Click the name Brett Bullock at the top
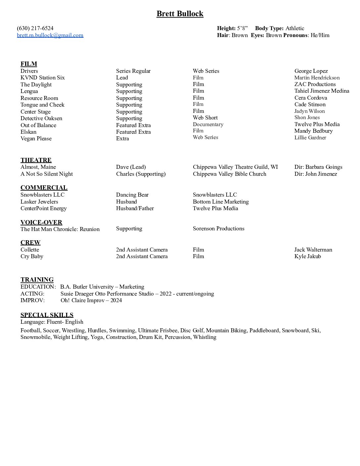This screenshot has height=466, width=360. tap(180, 14)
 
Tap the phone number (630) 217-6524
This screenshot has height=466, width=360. tap(35, 28)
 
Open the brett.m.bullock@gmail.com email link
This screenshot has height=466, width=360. tap(50, 35)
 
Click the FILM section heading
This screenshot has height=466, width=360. tap(29, 64)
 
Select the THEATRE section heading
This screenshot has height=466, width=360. tap(36, 160)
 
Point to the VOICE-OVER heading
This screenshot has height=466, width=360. tap(41, 222)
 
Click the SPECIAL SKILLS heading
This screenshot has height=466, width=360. tap(47, 315)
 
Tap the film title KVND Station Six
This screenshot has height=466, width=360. tap(43, 77)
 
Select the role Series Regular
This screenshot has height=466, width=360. tap(133, 71)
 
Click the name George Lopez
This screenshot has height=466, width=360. tap(311, 71)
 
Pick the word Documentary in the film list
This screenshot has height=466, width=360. tap(208, 124)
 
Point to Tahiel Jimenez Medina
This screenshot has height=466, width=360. tap(322, 91)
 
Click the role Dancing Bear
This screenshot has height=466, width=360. tap(132, 195)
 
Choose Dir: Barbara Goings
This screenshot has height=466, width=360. tap(318, 167)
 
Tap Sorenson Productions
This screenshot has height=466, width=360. tap(218, 228)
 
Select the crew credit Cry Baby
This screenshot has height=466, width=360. tap(32, 256)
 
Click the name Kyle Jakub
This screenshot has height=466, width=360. tap(307, 256)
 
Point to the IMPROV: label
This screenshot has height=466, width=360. tap(32, 300)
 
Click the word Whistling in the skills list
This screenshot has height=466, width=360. tap(205, 337)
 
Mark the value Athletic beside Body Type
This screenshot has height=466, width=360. tap(295, 28)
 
